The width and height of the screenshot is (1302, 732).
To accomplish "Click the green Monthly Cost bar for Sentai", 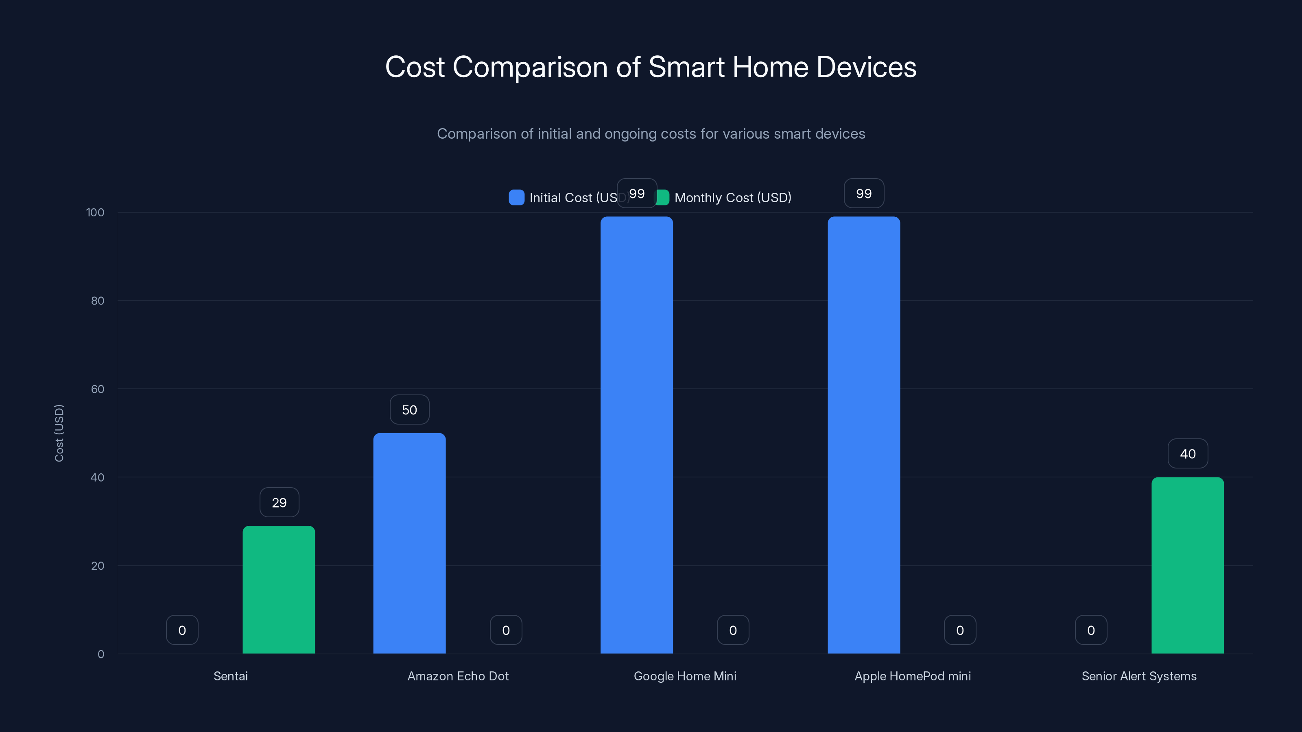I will (x=278, y=590).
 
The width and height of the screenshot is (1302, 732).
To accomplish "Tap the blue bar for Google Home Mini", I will (x=636, y=435).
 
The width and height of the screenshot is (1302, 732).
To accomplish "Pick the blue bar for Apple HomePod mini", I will (x=863, y=435).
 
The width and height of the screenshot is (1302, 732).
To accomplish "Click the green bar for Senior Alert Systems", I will (x=1187, y=565).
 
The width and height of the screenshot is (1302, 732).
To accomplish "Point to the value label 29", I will (x=279, y=503).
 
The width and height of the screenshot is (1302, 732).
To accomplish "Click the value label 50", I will (x=409, y=410).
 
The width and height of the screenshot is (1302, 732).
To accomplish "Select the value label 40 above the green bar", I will (x=1187, y=454).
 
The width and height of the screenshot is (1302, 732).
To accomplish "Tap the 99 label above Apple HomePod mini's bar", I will (x=863, y=194).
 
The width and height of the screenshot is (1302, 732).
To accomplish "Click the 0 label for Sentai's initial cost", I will (x=182, y=630).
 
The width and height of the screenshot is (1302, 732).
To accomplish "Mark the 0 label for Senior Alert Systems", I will (x=1091, y=630).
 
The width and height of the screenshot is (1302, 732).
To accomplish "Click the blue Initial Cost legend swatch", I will (x=516, y=198).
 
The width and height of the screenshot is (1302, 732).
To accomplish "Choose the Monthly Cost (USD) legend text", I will (x=732, y=198).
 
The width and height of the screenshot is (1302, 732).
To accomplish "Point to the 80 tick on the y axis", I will (x=98, y=301).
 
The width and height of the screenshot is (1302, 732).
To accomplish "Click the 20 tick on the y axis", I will (x=98, y=566).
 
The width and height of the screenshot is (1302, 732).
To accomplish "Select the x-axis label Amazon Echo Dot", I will (x=458, y=676).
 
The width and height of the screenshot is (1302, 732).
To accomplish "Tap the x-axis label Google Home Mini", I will (x=685, y=676).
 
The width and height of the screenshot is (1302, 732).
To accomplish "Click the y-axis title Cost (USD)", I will (x=59, y=433).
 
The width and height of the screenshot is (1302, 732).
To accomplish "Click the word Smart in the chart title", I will (x=686, y=67).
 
